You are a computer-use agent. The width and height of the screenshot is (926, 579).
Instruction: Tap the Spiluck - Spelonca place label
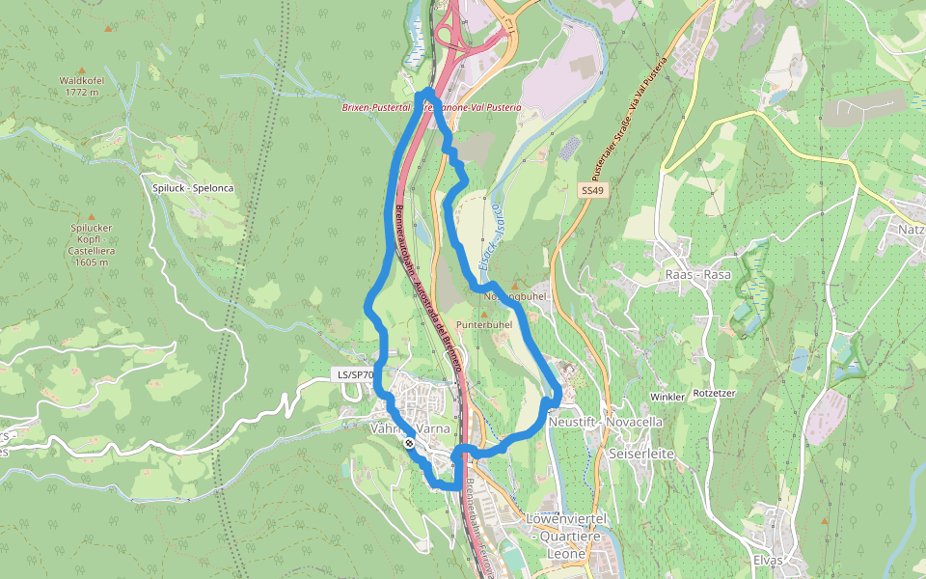pos(193,187)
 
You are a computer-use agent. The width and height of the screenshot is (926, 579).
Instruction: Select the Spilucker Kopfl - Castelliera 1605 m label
pos(92,244)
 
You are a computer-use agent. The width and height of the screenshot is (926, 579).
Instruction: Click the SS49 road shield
pos(592,191)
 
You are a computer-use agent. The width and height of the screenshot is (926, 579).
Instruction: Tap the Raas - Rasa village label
pos(698,274)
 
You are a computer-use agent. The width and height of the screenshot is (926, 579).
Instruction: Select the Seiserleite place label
pos(640,453)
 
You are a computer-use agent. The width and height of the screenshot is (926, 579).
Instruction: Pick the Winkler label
pos(667,397)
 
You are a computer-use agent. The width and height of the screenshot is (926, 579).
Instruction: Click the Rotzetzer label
pos(715,393)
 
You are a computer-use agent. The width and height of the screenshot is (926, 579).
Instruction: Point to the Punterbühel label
pos(484,325)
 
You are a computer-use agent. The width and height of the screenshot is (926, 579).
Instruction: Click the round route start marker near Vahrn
pos(411,444)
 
